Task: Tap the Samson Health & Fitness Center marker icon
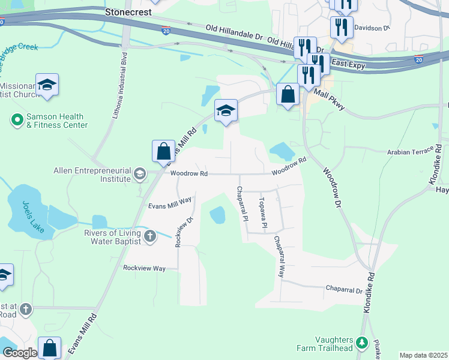pyautogui.click(x=17, y=121)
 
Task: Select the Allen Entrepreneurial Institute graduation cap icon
pyautogui.click(x=139, y=174)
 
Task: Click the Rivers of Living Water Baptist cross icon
pyautogui.click(x=149, y=236)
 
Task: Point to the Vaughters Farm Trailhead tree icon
pyautogui.click(x=361, y=343)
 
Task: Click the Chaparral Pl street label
pyautogui.click(x=242, y=204)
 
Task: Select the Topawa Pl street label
pyautogui.click(x=262, y=213)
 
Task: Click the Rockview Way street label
pyautogui.click(x=144, y=268)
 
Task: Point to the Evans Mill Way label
pyautogui.click(x=170, y=203)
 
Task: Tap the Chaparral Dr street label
pyautogui.click(x=344, y=289)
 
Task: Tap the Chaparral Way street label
pyautogui.click(x=279, y=256)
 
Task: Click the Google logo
pyautogui.click(x=19, y=353)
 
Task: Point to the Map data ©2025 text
pyautogui.click(x=423, y=355)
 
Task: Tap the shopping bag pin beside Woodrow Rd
pyautogui.click(x=163, y=152)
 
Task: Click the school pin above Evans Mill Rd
pyautogui.click(x=226, y=111)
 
